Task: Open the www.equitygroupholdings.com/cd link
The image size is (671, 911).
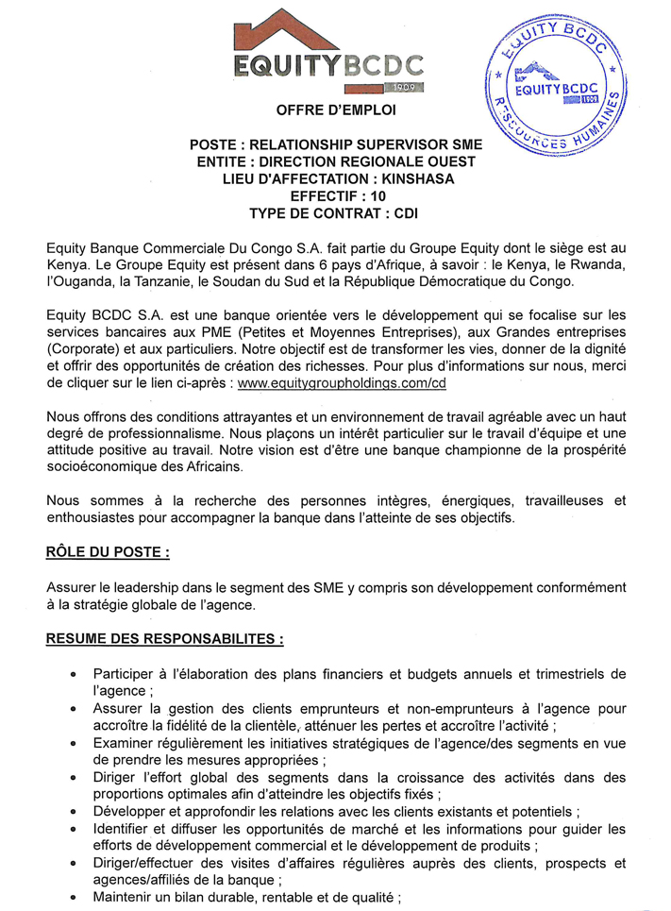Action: tap(341, 384)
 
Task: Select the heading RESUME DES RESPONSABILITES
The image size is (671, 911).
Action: tap(165, 638)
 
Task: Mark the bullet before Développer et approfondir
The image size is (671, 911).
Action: tap(74, 812)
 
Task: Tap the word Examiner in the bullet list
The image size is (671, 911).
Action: tap(124, 744)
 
